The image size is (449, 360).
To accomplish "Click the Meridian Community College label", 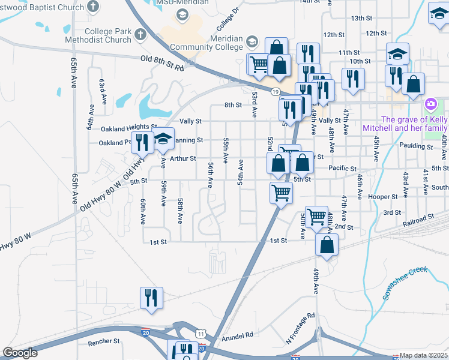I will pyautogui.click(x=206, y=43).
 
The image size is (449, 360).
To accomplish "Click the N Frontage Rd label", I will pyautogui.click(x=300, y=329).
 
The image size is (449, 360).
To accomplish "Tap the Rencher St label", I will pyautogui.click(x=104, y=341).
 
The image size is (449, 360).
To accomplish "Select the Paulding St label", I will pyautogui.click(x=420, y=146).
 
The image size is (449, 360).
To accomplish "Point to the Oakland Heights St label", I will pyautogui.click(x=128, y=127).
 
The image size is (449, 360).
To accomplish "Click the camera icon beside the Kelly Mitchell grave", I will pyautogui.click(x=430, y=106).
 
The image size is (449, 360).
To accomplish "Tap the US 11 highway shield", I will pyautogui.click(x=200, y=333).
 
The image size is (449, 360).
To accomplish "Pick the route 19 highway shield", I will pyautogui.click(x=274, y=91).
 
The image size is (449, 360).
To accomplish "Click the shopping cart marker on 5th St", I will pyautogui.click(x=280, y=194).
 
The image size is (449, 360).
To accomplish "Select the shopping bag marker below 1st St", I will pyautogui.click(x=327, y=245).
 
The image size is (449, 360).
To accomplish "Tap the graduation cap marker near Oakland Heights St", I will pyautogui.click(x=163, y=140).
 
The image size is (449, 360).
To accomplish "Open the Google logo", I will pyautogui.click(x=20, y=353).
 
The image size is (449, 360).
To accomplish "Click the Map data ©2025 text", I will pyautogui.click(x=424, y=356).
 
